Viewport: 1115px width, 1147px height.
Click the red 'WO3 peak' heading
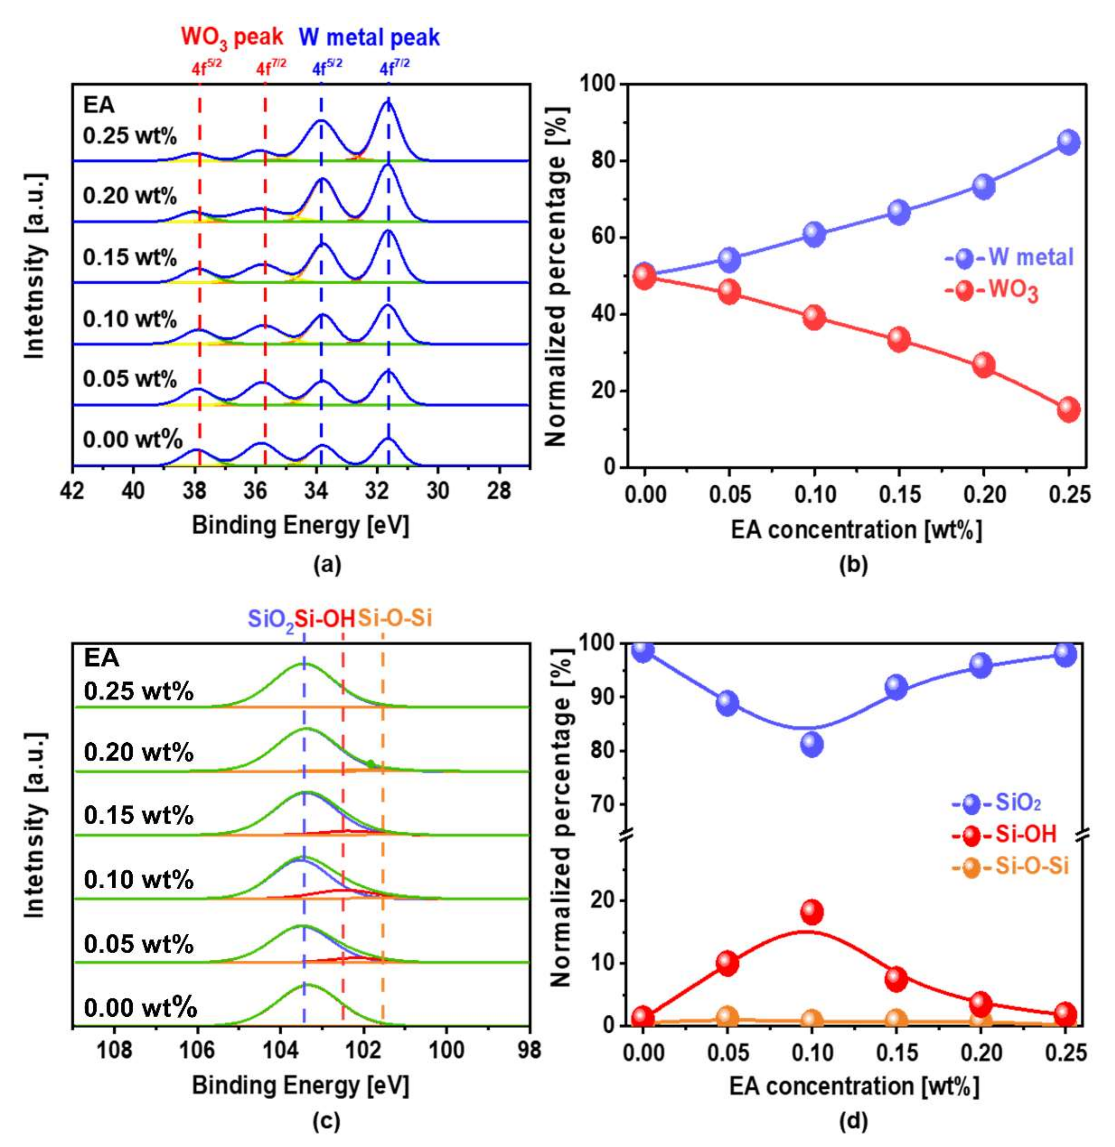point(232,37)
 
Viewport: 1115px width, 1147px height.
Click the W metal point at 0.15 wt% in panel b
point(899,212)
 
